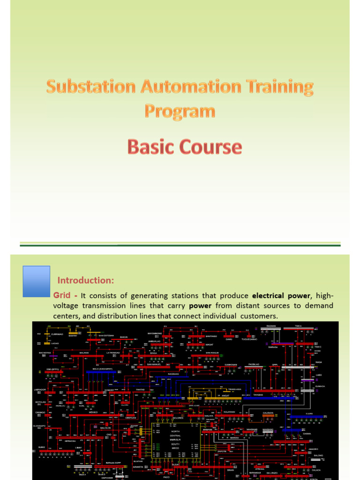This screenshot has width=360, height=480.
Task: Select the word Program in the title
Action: coord(180,111)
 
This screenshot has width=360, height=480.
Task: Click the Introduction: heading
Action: coord(86,280)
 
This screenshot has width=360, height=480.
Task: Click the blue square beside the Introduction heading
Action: coord(36,281)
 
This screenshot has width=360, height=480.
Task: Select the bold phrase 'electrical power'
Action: coord(281,295)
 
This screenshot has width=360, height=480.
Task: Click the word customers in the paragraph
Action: coord(257,316)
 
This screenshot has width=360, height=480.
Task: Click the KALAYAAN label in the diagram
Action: coord(229,412)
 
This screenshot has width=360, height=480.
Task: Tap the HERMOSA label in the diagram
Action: coord(71,441)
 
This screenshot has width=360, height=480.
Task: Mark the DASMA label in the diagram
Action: coord(307,434)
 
